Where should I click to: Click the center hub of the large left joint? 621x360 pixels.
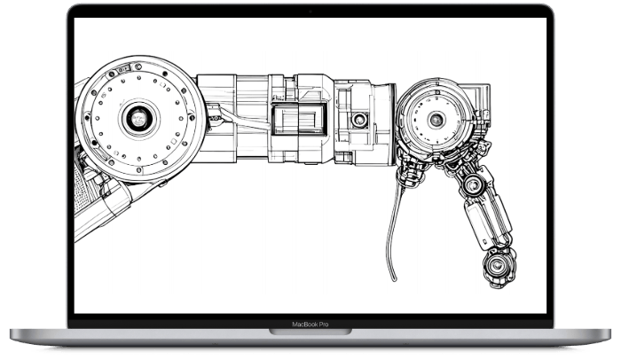click(138, 116)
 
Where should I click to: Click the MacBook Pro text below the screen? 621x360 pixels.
click(310, 325)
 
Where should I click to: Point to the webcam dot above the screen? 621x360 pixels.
click(310, 11)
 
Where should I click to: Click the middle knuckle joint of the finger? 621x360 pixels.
click(476, 185)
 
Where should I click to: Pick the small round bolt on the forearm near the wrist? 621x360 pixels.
click(360, 118)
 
